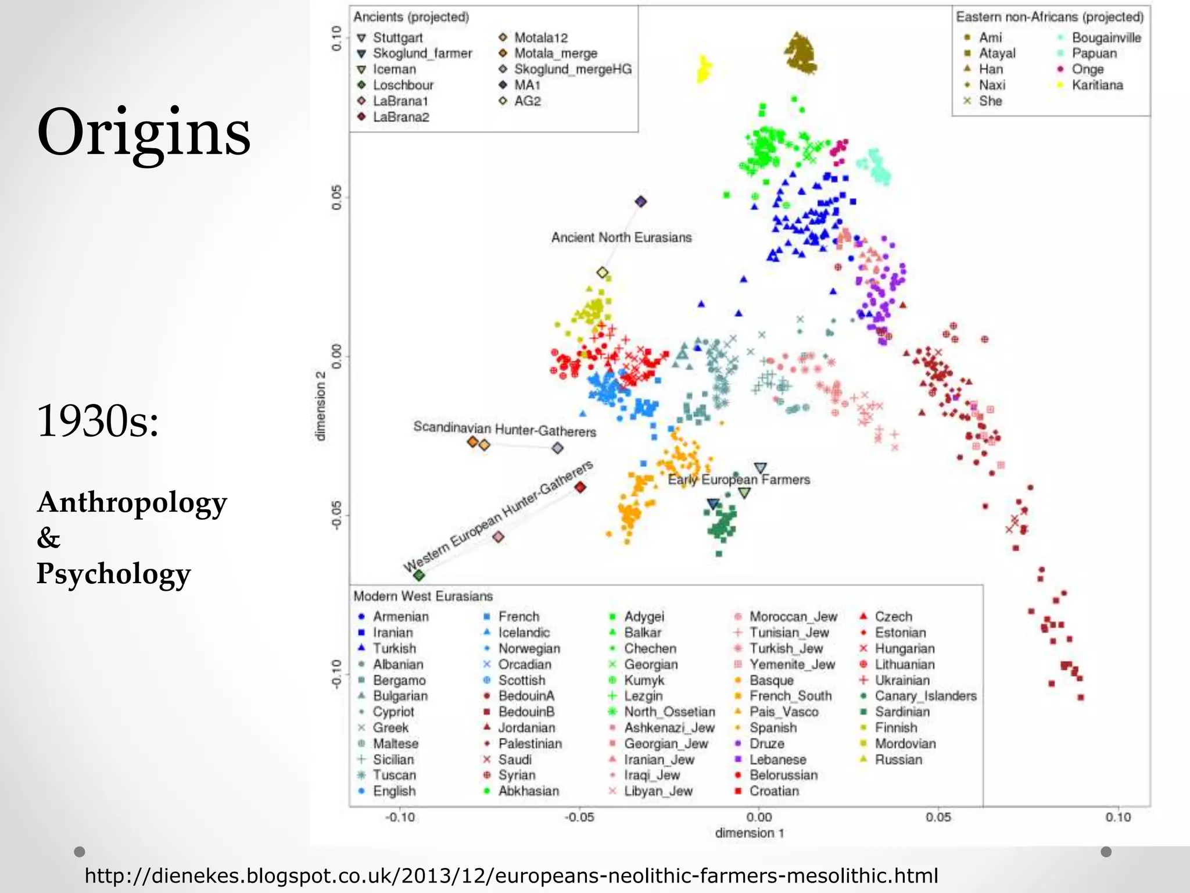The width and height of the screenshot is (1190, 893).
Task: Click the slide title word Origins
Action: [144, 134]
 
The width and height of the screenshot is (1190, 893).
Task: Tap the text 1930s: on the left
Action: [98, 420]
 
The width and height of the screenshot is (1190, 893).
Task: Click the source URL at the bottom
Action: [511, 876]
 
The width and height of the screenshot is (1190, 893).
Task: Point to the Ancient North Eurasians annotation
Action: [621, 238]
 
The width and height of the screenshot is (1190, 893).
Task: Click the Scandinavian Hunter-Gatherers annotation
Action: [504, 430]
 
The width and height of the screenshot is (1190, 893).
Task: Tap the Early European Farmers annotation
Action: [739, 480]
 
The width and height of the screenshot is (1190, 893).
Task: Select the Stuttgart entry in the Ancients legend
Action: [397, 38]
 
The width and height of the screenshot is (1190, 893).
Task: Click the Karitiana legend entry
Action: [1097, 85]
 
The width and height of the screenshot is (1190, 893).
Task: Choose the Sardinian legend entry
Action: [902, 712]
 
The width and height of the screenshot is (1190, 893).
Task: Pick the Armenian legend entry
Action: [400, 616]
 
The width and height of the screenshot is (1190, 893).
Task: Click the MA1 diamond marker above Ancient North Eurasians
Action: [641, 202]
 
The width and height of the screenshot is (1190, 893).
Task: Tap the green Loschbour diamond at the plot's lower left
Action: [419, 576]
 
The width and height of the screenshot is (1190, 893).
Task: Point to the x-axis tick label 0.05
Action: [938, 817]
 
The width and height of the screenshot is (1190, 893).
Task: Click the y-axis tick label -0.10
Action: [336, 674]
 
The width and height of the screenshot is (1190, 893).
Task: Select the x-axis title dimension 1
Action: [750, 833]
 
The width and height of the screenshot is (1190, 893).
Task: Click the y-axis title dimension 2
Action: [321, 405]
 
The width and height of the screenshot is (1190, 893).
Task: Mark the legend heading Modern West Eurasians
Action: [423, 596]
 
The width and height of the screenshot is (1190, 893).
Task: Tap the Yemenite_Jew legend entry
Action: [791, 664]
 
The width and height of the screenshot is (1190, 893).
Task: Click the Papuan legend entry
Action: [1094, 53]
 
